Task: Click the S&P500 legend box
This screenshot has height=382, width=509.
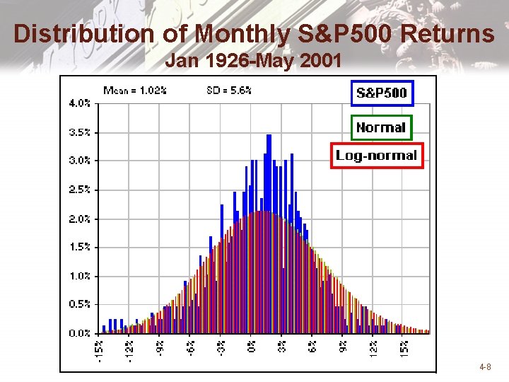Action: (381, 93)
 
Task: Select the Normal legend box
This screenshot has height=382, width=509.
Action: (381, 127)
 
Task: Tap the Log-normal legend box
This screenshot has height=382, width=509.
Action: (377, 155)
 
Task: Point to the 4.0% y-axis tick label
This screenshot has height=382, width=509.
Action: (79, 103)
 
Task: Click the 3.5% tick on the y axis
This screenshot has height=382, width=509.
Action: (79, 132)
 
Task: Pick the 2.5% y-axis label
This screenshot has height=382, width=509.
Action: (79, 189)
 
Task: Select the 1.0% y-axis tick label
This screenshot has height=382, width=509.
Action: (79, 275)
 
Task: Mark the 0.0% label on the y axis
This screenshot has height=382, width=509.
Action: (79, 332)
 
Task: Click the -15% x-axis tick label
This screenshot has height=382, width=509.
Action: (99, 349)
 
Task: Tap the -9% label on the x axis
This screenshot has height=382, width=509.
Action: (160, 347)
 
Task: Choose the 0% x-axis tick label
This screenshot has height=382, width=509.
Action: (252, 346)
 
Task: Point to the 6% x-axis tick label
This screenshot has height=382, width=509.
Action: (313, 346)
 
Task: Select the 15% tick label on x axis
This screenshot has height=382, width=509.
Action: (405, 347)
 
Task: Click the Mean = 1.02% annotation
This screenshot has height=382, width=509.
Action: (135, 90)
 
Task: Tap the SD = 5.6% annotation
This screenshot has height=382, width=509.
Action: (228, 90)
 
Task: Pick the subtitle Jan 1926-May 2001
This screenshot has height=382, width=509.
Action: (253, 62)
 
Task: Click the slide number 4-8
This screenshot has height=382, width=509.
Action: (485, 367)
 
